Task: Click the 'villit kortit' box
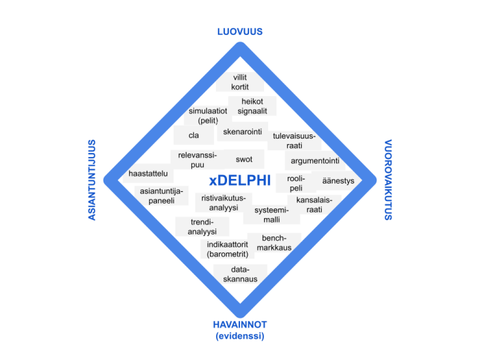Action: (239, 82)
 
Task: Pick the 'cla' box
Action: (193, 135)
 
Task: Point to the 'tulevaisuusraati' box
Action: (294, 141)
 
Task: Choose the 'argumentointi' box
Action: (315, 161)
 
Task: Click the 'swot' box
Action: (244, 159)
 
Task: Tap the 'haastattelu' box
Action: (148, 174)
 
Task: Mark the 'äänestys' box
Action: (337, 181)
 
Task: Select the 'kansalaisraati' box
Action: (314, 204)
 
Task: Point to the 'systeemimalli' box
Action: (272, 215)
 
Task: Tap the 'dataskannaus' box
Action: (239, 274)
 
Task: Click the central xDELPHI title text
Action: (240, 180)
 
